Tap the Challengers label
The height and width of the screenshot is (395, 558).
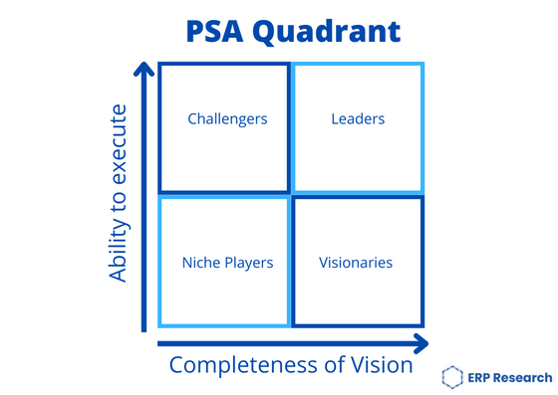(x=227, y=119)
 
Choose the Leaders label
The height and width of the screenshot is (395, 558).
(x=358, y=119)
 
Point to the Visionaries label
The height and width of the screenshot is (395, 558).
(x=356, y=264)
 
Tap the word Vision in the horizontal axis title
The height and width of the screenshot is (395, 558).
(x=381, y=364)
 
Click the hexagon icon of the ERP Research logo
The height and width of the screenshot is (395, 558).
(x=452, y=375)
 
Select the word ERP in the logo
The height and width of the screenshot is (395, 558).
(x=481, y=375)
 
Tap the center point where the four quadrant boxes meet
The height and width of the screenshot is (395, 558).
(x=291, y=195)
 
